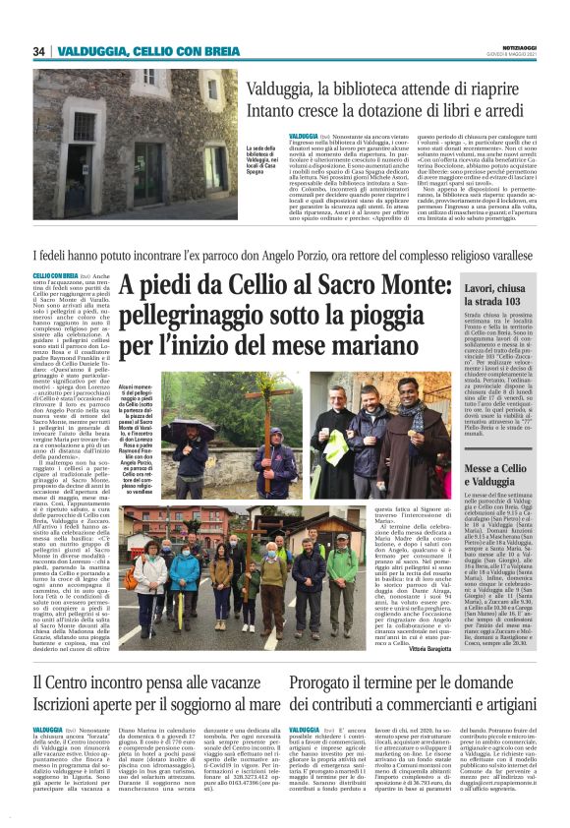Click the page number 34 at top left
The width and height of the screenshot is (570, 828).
tap(39, 51)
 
